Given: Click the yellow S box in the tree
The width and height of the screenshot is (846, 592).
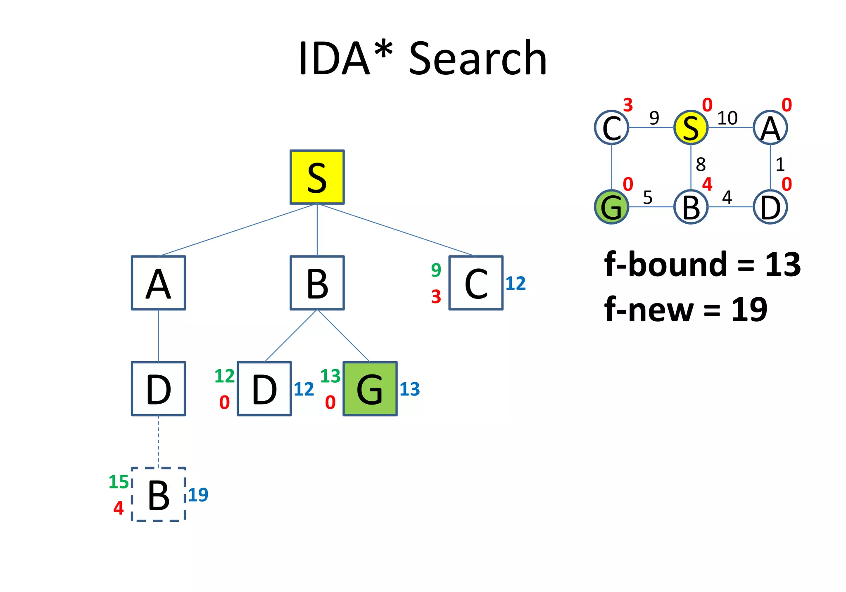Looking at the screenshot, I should [x=317, y=177].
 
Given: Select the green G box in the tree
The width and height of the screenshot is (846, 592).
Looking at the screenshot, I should [x=370, y=388].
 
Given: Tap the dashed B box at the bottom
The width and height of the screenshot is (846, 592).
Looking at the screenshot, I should [x=158, y=494].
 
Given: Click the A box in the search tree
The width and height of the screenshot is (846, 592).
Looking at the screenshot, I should [x=158, y=283].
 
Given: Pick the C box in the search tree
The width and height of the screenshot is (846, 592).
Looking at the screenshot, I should [x=475, y=283].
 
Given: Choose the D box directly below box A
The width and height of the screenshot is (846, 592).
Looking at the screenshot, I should [x=158, y=388].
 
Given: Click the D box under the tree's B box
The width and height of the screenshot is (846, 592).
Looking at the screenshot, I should [x=264, y=388].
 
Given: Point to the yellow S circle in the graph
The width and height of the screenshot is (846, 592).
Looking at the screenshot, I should [x=691, y=128].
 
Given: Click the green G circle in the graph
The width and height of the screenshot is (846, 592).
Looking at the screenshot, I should [x=611, y=207].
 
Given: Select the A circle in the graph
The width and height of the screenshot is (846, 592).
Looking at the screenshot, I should [x=770, y=128].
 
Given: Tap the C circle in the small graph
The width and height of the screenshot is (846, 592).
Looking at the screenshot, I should [x=611, y=128].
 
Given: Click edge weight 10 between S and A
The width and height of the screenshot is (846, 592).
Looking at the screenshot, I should [x=727, y=118].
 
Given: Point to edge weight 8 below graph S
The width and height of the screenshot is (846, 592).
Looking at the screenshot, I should [x=701, y=164].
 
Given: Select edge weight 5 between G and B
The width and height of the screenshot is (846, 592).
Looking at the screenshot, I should [x=648, y=198].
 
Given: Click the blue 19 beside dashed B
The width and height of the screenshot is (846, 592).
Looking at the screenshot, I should [x=198, y=495].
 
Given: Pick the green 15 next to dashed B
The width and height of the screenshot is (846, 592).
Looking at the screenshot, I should [x=119, y=482].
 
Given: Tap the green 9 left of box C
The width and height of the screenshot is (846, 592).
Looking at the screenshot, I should [x=436, y=270].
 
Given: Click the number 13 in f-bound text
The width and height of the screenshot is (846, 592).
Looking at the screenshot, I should [x=783, y=264].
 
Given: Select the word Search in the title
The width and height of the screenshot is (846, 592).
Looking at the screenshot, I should [x=478, y=59].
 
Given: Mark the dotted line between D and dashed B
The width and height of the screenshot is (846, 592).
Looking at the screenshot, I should [x=158, y=441].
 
